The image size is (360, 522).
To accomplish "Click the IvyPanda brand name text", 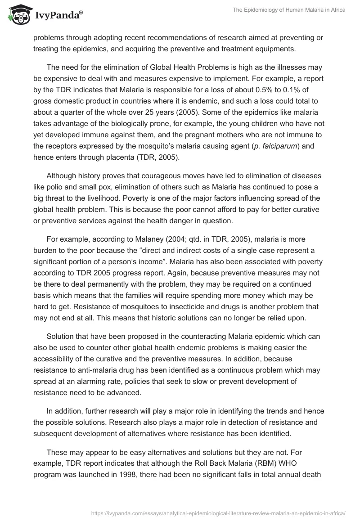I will click(x=57, y=15).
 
